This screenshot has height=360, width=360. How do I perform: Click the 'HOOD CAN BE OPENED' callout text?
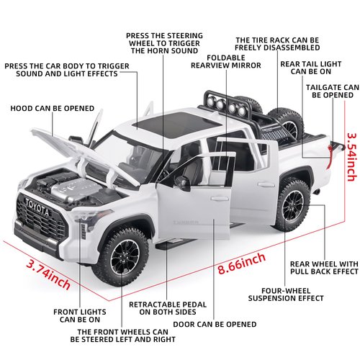click(x=52, y=109)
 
